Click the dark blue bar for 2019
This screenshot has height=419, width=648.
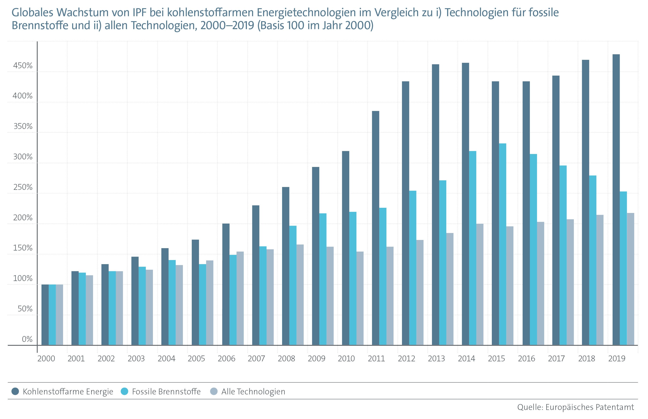(x=616, y=200)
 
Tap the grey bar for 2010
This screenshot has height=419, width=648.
(x=360, y=298)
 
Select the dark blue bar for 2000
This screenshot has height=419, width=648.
(x=45, y=315)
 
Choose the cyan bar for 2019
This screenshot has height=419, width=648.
(x=623, y=268)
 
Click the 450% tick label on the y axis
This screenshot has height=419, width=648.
(x=23, y=66)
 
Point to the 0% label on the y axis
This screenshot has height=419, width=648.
(x=27, y=339)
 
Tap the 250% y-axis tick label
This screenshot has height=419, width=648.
(x=23, y=187)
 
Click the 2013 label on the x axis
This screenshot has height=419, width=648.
(x=436, y=359)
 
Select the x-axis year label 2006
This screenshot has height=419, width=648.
(x=226, y=359)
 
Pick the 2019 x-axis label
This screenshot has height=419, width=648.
(x=616, y=359)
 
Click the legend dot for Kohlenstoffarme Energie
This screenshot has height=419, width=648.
(x=15, y=391)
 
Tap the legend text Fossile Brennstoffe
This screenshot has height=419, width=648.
(x=166, y=392)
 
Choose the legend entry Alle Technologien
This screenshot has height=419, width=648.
(x=253, y=392)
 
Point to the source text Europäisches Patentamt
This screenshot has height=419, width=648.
(x=589, y=407)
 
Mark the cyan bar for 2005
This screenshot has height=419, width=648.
(x=202, y=305)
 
